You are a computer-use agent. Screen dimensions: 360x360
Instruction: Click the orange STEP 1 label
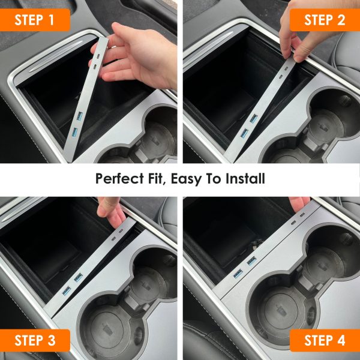(x=35, y=20)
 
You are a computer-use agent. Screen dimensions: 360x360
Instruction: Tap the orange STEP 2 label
(x=325, y=20)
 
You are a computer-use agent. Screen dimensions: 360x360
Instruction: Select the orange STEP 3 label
(x=35, y=340)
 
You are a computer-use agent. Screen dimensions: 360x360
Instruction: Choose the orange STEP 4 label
(x=325, y=340)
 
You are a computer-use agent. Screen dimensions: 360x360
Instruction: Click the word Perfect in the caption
(x=119, y=179)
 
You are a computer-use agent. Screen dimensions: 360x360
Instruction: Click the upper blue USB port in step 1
(x=79, y=116)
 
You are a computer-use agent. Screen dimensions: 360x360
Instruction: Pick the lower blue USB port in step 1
(x=74, y=133)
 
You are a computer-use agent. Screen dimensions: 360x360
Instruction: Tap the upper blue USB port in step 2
(x=253, y=118)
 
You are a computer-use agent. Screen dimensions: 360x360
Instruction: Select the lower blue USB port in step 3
(x=67, y=291)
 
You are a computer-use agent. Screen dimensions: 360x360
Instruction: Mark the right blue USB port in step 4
(x=251, y=261)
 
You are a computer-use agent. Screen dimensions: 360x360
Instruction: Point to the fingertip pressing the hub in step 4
(x=298, y=203)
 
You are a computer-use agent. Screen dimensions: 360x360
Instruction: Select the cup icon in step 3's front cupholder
(x=107, y=329)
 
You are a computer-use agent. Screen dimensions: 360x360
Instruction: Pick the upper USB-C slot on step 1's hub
(x=98, y=56)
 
